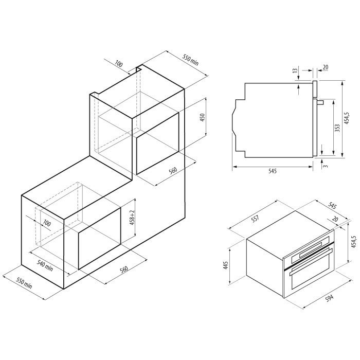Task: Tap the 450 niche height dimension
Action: point(203,117)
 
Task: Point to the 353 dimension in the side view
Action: point(337,128)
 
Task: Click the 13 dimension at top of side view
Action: point(296,69)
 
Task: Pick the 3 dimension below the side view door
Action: point(326,166)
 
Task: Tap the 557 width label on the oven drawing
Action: point(255,218)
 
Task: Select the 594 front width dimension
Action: point(330,298)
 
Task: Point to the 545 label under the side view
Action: point(272,171)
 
